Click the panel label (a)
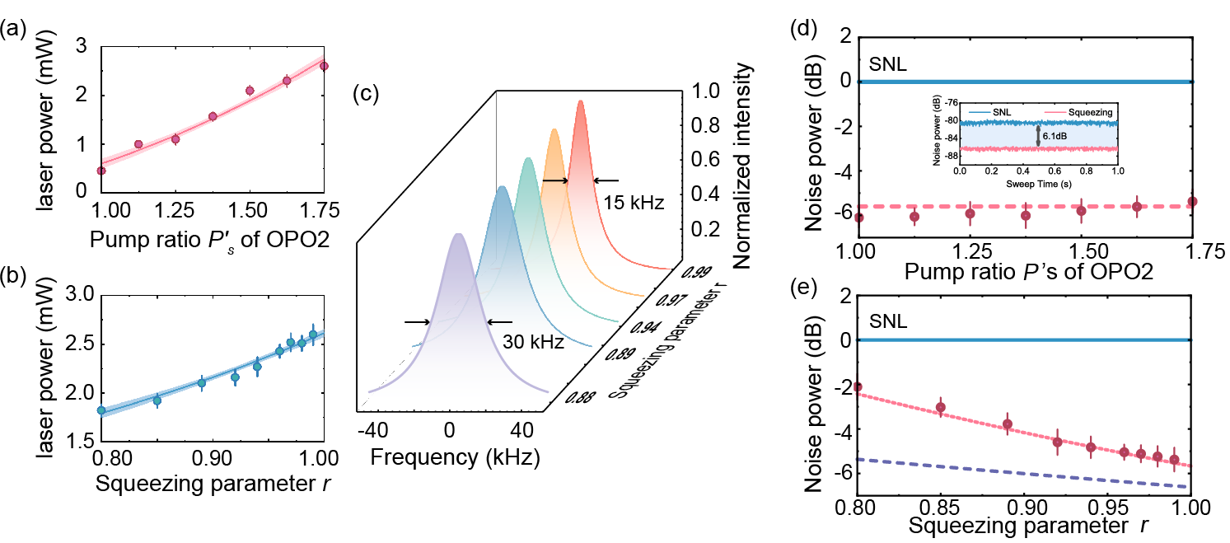click(13, 29)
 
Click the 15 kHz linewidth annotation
click(634, 203)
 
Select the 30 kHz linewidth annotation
click(533, 342)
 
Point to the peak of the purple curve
click(458, 234)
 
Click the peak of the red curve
click(581, 101)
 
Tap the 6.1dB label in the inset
click(1055, 136)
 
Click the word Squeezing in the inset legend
click(1090, 112)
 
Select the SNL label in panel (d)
click(887, 64)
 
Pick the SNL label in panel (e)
click(888, 321)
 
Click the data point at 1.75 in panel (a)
click(324, 66)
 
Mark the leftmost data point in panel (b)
click(101, 410)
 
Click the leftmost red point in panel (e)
click(857, 387)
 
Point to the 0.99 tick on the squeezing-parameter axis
click(696, 272)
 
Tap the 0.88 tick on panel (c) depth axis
click(580, 396)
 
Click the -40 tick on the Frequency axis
click(373, 430)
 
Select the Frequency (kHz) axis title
click(456, 457)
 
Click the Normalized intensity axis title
click(742, 166)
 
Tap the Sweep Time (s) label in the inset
click(1038, 184)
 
